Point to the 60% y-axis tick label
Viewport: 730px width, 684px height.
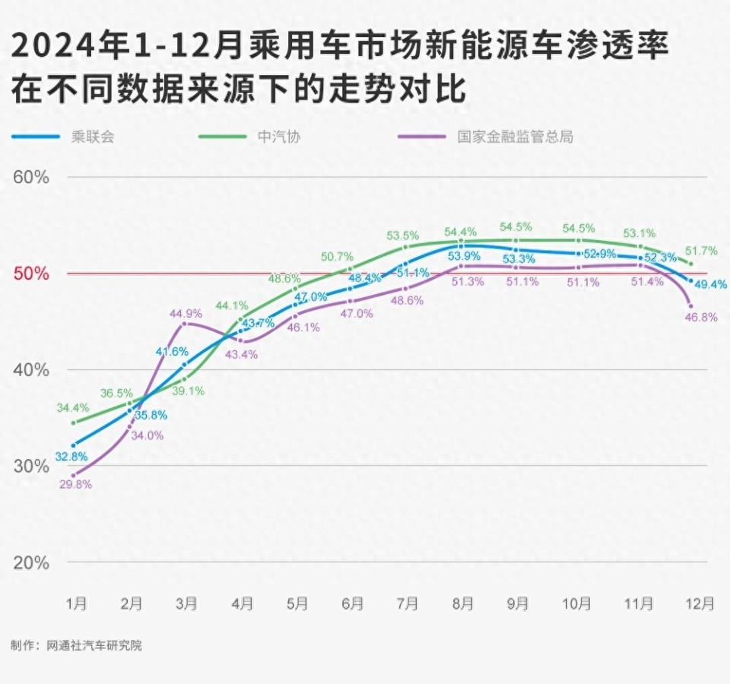pos(31,177)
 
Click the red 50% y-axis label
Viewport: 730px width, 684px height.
pos(31,274)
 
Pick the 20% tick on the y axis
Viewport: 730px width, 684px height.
pos(31,563)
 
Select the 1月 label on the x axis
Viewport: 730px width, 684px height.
pos(76,604)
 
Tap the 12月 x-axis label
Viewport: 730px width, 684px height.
pos(699,604)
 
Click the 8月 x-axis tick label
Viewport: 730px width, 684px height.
pos(462,604)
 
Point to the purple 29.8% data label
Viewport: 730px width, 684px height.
pos(75,484)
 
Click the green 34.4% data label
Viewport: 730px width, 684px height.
pos(72,408)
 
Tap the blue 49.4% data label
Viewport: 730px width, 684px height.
pos(709,284)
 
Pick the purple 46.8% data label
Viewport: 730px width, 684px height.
pos(701,317)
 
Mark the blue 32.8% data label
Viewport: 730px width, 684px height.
pos(71,457)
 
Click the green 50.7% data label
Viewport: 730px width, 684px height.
pos(337,256)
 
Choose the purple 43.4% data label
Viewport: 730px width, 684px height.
pos(241,354)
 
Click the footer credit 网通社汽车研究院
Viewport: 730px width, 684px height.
pos(94,646)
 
